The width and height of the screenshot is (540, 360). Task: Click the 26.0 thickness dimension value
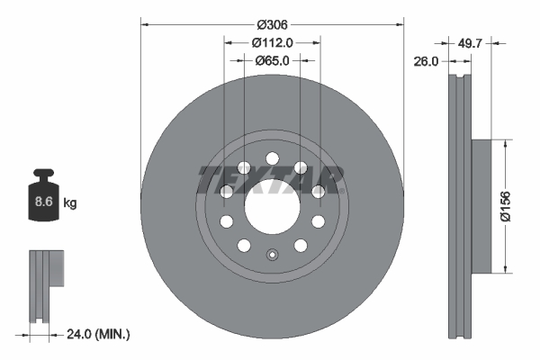[x=427, y=61]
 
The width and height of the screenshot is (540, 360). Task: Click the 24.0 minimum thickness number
[x=82, y=334]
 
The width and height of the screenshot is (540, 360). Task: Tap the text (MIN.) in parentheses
[x=115, y=334]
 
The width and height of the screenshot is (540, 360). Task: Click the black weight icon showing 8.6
[x=42, y=197]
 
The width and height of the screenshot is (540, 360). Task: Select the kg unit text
[x=70, y=203]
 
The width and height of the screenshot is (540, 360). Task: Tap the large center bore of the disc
[x=271, y=206]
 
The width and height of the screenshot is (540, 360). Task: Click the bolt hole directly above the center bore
[x=271, y=159]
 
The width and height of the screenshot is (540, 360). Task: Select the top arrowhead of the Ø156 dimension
[x=508, y=141]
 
